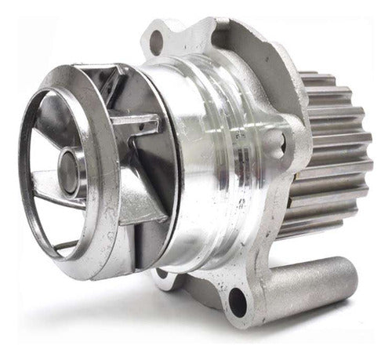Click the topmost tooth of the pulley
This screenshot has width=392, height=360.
click(321, 78)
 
